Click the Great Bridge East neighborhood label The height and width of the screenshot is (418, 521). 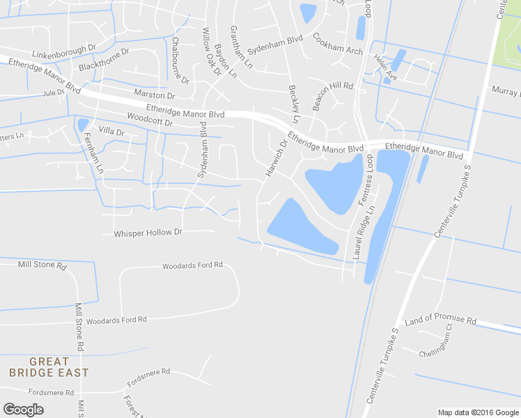[x=49, y=367]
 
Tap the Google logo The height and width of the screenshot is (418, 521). [x=23, y=410]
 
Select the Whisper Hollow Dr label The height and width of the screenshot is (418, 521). [x=148, y=233]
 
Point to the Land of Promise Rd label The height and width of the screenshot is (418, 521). [x=440, y=320]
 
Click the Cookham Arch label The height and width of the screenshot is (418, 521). [x=338, y=44]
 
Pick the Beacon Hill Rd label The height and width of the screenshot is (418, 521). [x=333, y=96]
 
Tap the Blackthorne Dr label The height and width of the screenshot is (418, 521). [x=104, y=61]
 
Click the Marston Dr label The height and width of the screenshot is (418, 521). [x=155, y=95]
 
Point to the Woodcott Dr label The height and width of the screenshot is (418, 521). [x=150, y=120]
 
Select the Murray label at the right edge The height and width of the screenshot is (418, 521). [x=506, y=91]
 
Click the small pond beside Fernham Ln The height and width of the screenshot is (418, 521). [x=83, y=125]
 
